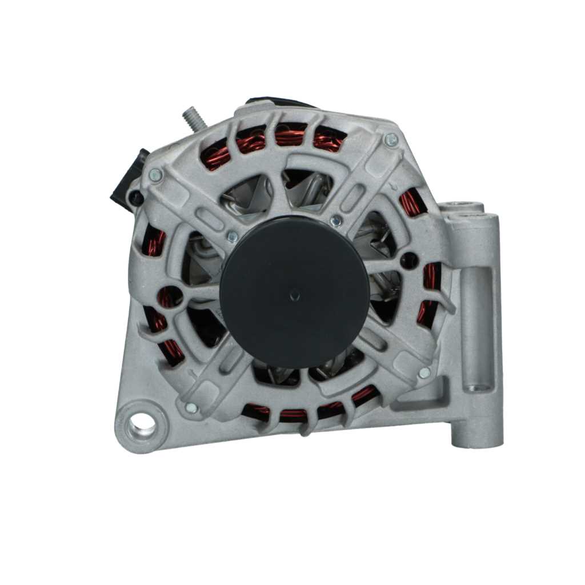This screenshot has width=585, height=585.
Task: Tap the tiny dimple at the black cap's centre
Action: (x=295, y=295)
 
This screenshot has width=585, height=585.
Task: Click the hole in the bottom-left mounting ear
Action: (x=140, y=425)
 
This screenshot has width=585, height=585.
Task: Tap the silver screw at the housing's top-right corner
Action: (x=391, y=139)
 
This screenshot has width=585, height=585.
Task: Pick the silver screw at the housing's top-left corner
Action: (x=154, y=175)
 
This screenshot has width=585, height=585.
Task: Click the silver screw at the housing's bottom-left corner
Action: (x=191, y=408)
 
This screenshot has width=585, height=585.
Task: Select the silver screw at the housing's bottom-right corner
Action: (x=424, y=372)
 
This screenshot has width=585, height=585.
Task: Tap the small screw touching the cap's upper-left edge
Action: (x=233, y=236)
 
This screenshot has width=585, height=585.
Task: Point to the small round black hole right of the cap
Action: (x=409, y=261)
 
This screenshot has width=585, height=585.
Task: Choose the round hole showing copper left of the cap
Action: (x=169, y=296)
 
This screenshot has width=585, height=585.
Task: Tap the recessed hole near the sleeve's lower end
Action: (x=472, y=387)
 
